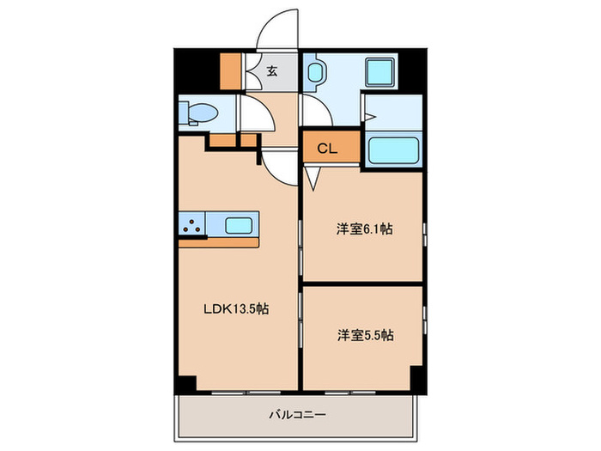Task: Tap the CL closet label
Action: tap(327, 149)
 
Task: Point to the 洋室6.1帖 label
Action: tap(364, 229)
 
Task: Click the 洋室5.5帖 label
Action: tap(364, 335)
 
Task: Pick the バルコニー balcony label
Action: tap(297, 415)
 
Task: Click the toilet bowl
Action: tap(203, 113)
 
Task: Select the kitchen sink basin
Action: tap(239, 226)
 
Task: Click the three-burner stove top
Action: tap(192, 225)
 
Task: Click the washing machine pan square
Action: tap(379, 71)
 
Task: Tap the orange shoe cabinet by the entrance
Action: tap(231, 73)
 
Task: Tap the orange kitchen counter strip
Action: tap(219, 242)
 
